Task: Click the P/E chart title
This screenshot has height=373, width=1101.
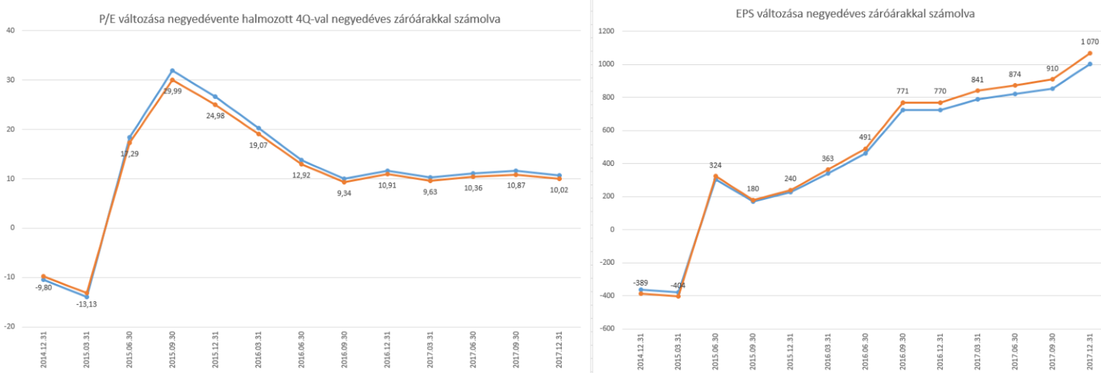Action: tap(299, 19)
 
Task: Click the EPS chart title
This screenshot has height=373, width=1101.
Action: tap(855, 13)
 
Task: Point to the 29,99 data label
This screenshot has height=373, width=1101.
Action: tap(172, 91)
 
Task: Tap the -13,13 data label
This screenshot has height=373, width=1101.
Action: tap(87, 304)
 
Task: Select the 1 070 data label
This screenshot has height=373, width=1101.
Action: tap(1089, 42)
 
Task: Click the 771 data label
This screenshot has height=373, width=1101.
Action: tap(902, 91)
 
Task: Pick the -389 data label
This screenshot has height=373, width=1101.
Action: tap(640, 283)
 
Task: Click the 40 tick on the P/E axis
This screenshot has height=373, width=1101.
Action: tap(10, 31)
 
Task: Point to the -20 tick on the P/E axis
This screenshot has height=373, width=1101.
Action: tap(9, 327)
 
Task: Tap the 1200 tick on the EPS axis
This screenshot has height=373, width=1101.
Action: tap(606, 31)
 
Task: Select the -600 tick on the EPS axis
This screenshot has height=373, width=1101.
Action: tap(606, 329)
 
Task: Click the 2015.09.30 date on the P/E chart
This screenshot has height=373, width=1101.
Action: tap(172, 350)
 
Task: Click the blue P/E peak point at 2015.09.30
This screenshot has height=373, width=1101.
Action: tap(172, 70)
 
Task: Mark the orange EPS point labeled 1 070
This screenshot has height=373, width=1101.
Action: tap(1090, 53)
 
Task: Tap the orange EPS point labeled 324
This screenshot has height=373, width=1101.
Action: tap(715, 177)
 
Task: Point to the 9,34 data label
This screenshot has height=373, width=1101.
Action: tap(344, 193)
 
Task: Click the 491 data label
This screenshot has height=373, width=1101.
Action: tap(865, 137)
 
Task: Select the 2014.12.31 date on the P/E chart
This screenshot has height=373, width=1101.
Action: tap(44, 350)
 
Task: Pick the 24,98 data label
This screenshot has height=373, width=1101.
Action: tap(215, 115)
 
